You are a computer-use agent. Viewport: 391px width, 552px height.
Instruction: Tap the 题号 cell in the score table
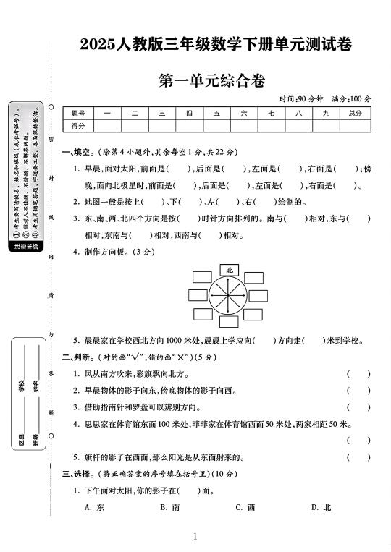[x=79, y=113]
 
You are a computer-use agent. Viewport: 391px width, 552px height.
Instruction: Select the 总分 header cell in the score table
[x=354, y=113]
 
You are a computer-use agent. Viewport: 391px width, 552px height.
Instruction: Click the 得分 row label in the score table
[x=79, y=125]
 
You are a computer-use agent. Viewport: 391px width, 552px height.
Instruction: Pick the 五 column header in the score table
[x=216, y=113]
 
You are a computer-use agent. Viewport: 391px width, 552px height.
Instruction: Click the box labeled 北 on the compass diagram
[x=230, y=269]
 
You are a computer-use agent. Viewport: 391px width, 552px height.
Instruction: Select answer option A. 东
[x=94, y=507]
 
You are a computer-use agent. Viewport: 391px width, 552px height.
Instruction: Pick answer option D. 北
[x=321, y=507]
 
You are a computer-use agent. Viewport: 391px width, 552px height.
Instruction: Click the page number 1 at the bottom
[x=195, y=536]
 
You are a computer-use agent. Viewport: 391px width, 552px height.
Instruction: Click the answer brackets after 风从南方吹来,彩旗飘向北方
[x=358, y=374]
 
